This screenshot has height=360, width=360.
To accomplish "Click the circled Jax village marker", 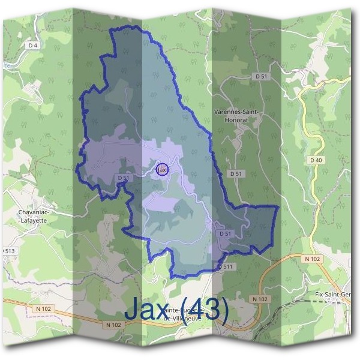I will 162,170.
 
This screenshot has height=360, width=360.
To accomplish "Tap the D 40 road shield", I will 317,160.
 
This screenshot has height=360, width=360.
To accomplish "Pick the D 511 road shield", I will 225,266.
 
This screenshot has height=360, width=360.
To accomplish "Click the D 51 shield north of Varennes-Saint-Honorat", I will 260,76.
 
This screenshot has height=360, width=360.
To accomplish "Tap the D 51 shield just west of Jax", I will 123,178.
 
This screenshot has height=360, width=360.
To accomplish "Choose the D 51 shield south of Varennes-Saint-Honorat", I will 236,173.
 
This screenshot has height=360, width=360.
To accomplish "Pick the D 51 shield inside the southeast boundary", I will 226,233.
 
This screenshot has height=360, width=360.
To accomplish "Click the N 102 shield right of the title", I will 259,298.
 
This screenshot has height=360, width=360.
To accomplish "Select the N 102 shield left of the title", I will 112,325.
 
